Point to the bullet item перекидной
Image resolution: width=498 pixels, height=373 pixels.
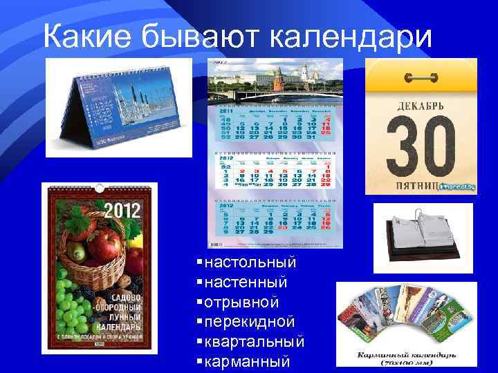[250, 323]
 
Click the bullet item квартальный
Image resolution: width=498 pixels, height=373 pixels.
[255, 343]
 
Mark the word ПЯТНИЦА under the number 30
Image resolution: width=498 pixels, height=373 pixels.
[418, 186]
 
